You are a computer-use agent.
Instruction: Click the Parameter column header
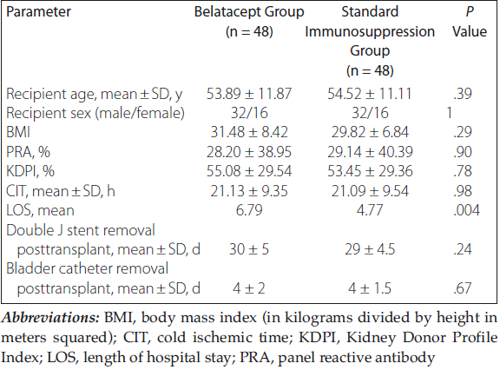[38, 12]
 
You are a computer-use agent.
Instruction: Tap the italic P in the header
[470, 12]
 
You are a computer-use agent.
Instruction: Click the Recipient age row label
[94, 94]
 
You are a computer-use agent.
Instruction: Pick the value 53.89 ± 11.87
[249, 94]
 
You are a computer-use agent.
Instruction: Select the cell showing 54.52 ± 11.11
[370, 94]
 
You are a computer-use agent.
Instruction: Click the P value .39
[463, 94]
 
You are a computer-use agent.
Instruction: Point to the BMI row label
[18, 132]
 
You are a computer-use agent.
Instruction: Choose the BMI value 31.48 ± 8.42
[249, 132]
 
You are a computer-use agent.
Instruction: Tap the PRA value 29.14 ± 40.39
[370, 152]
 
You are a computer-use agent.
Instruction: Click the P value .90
[463, 152]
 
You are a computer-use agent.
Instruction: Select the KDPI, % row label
[30, 171]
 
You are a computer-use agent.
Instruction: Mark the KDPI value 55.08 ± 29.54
[249, 171]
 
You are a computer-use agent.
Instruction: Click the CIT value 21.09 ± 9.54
[370, 191]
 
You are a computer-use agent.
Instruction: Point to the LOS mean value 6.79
[249, 210]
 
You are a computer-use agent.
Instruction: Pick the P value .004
[466, 210]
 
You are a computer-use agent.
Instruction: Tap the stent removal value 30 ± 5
[249, 249]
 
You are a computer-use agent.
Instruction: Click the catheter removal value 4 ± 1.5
[370, 288]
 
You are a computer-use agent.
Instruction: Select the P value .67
[463, 288]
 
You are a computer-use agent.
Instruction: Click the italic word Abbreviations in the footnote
[50, 318]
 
